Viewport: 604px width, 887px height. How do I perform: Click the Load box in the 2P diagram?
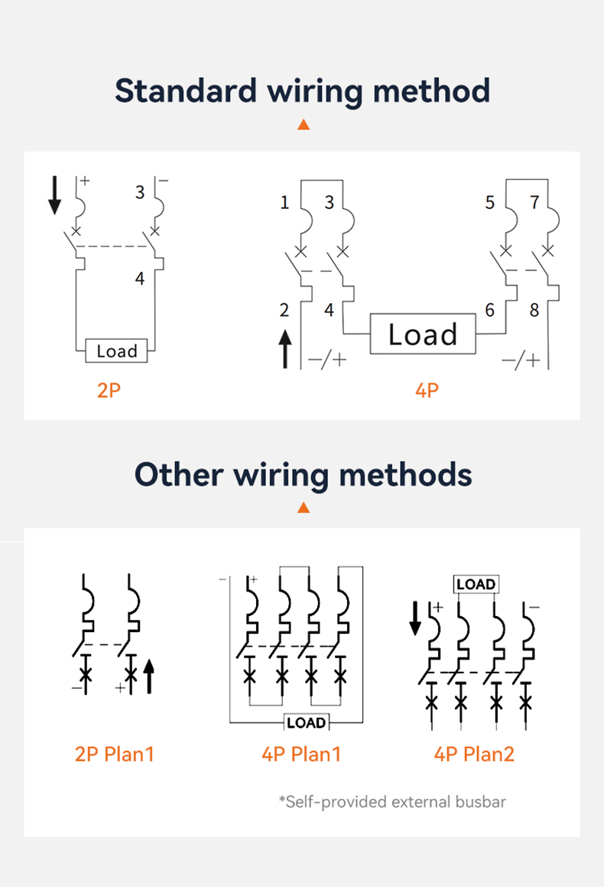coord(117,351)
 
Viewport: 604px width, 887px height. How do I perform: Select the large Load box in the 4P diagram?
coord(423,334)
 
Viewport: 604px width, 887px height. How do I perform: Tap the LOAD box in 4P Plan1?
coord(306,722)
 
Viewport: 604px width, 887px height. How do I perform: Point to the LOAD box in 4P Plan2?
coord(476,584)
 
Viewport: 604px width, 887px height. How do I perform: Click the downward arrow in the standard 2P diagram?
coord(54,195)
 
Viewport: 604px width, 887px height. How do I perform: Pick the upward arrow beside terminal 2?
coord(285,349)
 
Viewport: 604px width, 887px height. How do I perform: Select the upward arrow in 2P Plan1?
coord(149,677)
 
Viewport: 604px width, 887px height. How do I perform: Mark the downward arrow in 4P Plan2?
coord(415,618)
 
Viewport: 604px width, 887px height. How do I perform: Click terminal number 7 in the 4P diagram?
coord(534,203)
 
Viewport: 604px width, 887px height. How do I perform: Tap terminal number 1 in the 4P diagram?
coord(285,203)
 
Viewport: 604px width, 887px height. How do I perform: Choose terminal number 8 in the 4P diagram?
coord(534,311)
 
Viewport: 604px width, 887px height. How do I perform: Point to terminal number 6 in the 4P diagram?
coord(490,310)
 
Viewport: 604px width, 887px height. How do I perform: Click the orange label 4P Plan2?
coord(474,754)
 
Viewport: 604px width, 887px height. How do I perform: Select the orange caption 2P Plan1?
coord(115,754)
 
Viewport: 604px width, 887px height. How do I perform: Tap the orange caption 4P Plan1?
coord(301,754)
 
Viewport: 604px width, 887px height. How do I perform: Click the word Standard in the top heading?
coord(186,91)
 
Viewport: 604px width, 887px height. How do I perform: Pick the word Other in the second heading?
coord(179,474)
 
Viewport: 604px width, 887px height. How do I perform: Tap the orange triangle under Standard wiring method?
coord(304,124)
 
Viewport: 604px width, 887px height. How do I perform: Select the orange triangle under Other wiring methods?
coord(304,507)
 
